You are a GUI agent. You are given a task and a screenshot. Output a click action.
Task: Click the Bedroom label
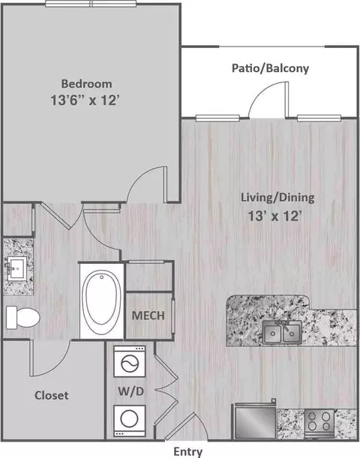86,84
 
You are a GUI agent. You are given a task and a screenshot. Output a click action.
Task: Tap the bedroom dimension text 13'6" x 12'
85,100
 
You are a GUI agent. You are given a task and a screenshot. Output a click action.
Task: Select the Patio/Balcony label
270,68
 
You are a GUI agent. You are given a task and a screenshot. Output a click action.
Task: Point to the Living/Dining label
277,197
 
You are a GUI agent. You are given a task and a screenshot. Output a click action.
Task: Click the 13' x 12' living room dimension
274,216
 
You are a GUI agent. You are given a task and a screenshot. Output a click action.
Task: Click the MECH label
148,316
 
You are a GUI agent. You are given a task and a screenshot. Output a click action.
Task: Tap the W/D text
131,391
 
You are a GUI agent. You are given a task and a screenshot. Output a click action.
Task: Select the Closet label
52,395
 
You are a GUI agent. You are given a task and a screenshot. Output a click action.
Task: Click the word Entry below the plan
188,451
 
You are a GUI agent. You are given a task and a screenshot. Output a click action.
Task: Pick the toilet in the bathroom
22,318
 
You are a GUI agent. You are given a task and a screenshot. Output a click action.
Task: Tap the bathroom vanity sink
17,268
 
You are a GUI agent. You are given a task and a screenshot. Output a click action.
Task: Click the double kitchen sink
282,332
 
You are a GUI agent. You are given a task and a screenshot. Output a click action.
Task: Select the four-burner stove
319,423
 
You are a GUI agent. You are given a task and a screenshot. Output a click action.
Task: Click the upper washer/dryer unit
130,361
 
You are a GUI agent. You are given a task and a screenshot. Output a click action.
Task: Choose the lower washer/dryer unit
130,421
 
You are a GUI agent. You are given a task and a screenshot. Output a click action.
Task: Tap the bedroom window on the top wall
91,4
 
